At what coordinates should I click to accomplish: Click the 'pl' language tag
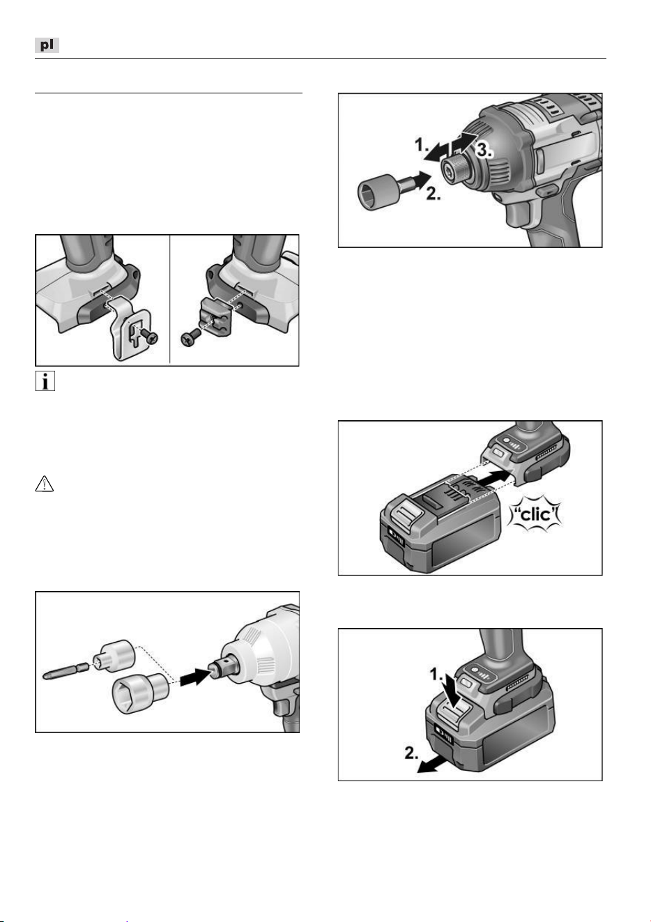[x=47, y=45]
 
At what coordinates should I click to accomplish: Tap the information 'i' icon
[x=45, y=381]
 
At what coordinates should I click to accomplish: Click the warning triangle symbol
[x=45, y=484]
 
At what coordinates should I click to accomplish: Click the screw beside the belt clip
[x=150, y=336]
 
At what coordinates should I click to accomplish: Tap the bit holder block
[x=215, y=318]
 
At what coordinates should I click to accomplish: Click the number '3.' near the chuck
[x=484, y=150]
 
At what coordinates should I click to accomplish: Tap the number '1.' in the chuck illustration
[x=422, y=145]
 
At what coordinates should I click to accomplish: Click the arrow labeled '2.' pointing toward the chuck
[x=421, y=180]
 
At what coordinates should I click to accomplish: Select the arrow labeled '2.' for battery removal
[x=433, y=766]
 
